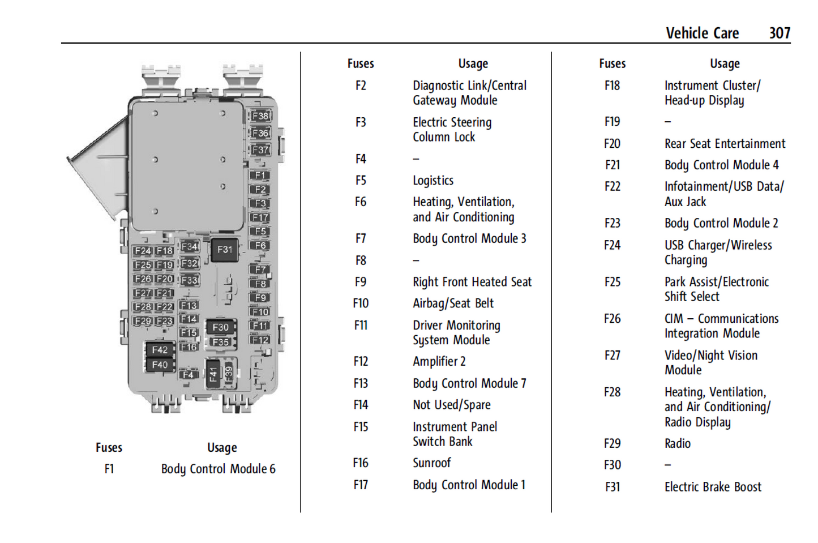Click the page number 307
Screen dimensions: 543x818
pyautogui.click(x=779, y=33)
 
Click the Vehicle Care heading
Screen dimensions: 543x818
pyautogui.click(x=702, y=33)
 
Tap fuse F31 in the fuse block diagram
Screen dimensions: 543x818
pyautogui.click(x=225, y=250)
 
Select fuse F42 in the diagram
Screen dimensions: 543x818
pyautogui.click(x=160, y=350)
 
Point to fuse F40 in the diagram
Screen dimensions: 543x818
pyautogui.click(x=160, y=365)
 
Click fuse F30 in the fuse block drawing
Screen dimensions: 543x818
pyautogui.click(x=220, y=327)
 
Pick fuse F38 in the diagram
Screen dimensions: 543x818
pyautogui.click(x=260, y=116)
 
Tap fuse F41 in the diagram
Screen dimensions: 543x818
pyautogui.click(x=213, y=374)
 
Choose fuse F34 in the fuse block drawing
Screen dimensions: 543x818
pyautogui.click(x=189, y=247)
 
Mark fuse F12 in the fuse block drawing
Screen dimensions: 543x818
pyautogui.click(x=260, y=340)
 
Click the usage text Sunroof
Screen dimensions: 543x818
pyautogui.click(x=431, y=463)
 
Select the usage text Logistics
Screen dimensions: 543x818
pyautogui.click(x=433, y=181)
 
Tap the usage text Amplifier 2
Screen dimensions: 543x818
pyautogui.click(x=439, y=361)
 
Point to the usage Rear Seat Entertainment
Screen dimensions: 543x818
pyautogui.click(x=725, y=144)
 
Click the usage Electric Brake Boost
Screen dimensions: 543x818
pyautogui.click(x=713, y=487)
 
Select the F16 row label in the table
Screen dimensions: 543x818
pyautogui.click(x=361, y=463)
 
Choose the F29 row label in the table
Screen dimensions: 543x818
pyautogui.click(x=612, y=443)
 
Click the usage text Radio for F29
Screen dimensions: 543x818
pyautogui.click(x=678, y=443)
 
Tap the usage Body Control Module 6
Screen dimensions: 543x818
pyautogui.click(x=218, y=469)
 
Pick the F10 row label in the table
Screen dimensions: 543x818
pyautogui.click(x=361, y=303)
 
